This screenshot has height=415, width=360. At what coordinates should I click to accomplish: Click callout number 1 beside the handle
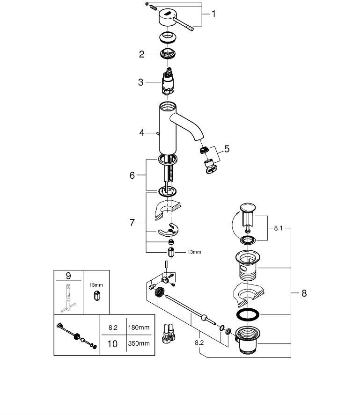(x=213, y=14)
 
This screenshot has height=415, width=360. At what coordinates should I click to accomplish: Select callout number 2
(x=141, y=54)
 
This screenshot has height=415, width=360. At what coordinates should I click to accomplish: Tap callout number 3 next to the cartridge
(x=140, y=82)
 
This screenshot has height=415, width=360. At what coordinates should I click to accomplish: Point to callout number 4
(x=142, y=133)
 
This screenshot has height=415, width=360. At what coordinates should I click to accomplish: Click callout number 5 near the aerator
(x=227, y=149)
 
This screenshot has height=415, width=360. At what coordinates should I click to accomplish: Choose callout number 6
(x=132, y=175)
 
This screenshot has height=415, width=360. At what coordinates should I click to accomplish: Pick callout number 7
(x=132, y=223)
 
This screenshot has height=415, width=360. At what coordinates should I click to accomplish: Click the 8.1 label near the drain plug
(x=278, y=228)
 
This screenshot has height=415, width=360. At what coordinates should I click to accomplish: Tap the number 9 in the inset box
(x=69, y=276)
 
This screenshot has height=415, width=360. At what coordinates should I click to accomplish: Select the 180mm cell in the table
(x=139, y=328)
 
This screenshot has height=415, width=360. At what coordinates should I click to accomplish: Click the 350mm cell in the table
(x=139, y=343)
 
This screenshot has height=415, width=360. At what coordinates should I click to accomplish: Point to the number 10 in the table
(x=112, y=343)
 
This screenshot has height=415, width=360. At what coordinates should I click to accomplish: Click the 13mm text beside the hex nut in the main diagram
(x=194, y=252)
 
